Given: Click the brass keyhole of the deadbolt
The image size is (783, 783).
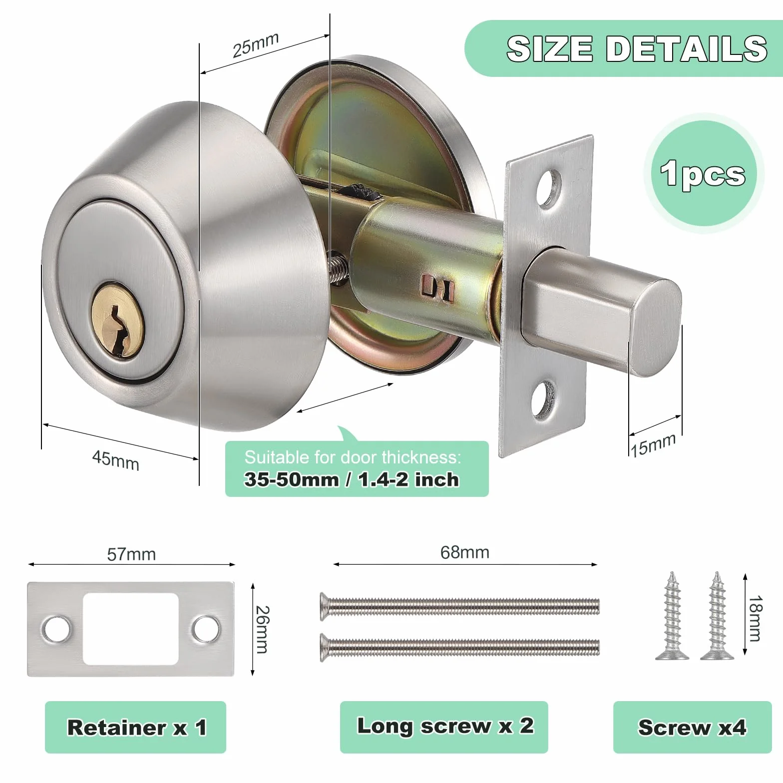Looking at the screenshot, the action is point(117,320).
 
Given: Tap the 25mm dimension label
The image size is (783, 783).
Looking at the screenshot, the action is point(256,45).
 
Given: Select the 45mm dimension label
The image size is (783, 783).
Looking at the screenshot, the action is point(116,460).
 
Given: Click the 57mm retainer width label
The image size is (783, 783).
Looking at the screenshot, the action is point(131,554).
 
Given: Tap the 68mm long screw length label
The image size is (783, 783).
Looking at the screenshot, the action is point(465,552).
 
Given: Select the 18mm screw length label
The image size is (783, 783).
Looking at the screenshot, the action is point(756,618).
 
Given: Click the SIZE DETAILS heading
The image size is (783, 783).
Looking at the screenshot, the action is point(637,48).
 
